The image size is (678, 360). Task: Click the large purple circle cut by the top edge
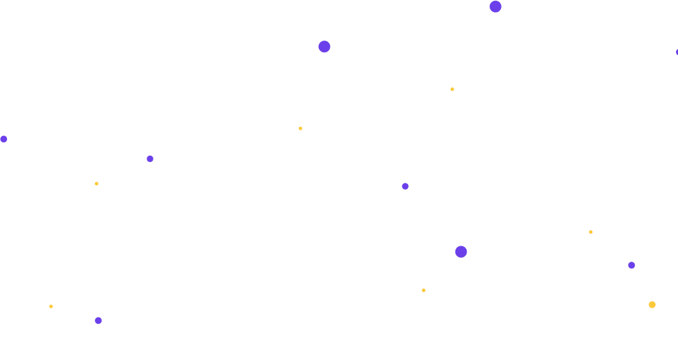[495, 6]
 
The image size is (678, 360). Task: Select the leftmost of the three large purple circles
[324, 47]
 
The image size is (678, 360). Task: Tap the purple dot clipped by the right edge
[677, 52]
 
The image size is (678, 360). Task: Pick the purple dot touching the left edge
[3, 140]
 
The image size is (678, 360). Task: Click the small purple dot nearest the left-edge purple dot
[150, 159]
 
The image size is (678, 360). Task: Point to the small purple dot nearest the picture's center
[405, 186]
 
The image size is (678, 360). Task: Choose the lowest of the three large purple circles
[460, 252]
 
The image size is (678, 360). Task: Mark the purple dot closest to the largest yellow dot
[631, 265]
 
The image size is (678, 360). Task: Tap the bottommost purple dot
[98, 321]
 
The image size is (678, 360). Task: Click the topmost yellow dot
[452, 89]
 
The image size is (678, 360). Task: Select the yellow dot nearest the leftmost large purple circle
[301, 128]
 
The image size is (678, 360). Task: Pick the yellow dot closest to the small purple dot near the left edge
[96, 183]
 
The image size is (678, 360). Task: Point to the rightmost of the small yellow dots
[591, 232]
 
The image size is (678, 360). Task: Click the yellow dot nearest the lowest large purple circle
[423, 290]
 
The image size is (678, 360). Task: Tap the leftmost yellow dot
[51, 306]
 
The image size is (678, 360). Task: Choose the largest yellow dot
[652, 305]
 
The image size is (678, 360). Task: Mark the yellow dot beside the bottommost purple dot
[51, 306]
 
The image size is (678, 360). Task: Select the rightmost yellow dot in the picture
[652, 305]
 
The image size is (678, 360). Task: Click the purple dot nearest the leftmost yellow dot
[98, 321]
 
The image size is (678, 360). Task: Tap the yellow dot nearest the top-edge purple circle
[452, 89]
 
